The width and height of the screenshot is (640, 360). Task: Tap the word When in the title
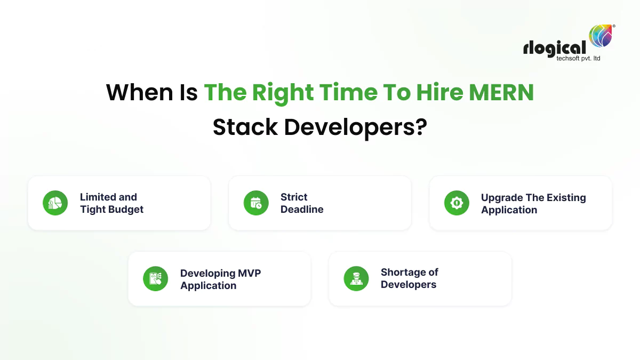[135, 92]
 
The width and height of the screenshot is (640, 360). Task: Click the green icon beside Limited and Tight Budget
[55, 203]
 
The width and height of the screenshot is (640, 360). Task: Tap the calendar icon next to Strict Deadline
[256, 203]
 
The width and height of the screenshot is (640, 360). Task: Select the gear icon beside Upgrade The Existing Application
[457, 203]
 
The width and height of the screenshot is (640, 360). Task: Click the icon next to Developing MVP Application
[155, 278]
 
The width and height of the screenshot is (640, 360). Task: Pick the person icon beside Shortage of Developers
[356, 278]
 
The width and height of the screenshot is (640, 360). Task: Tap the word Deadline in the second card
[302, 210]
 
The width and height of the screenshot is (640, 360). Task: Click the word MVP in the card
[247, 273]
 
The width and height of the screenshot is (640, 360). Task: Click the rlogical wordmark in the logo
[555, 47]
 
